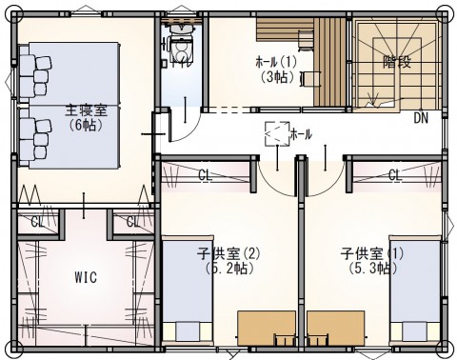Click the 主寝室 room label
(87, 110)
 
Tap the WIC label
(86, 277)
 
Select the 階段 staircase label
(397, 62)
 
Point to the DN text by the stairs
(421, 118)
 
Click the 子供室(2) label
(228, 253)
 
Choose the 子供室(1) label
(372, 253)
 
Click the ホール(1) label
(276, 63)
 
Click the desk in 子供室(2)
(267, 329)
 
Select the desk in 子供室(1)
(336, 329)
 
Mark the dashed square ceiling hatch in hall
(277, 133)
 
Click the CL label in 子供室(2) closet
(205, 175)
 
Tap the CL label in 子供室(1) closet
(395, 175)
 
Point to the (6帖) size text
(86, 126)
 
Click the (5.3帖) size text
(372, 269)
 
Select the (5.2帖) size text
(229, 269)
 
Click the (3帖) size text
(278, 77)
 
